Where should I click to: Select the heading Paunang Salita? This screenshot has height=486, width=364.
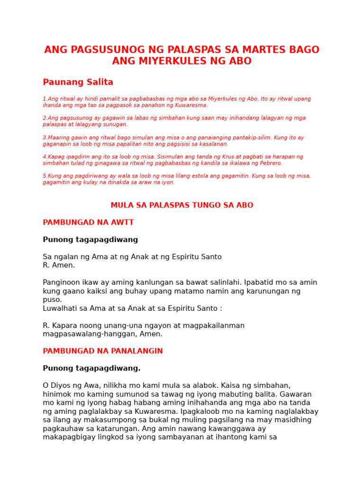pyautogui.click(x=78, y=82)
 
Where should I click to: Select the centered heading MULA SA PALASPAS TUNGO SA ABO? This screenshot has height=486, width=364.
pyautogui.click(x=182, y=206)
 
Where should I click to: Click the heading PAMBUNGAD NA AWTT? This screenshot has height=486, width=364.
pyautogui.click(x=88, y=223)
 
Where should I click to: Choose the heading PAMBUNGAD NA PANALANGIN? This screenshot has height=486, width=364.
pyautogui.click(x=103, y=351)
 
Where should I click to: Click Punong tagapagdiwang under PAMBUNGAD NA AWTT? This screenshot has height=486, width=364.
pyautogui.click(x=90, y=240)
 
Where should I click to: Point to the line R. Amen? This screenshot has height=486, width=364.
pyautogui.click(x=59, y=265)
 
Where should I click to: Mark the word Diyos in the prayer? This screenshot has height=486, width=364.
pyautogui.click(x=61, y=385)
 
